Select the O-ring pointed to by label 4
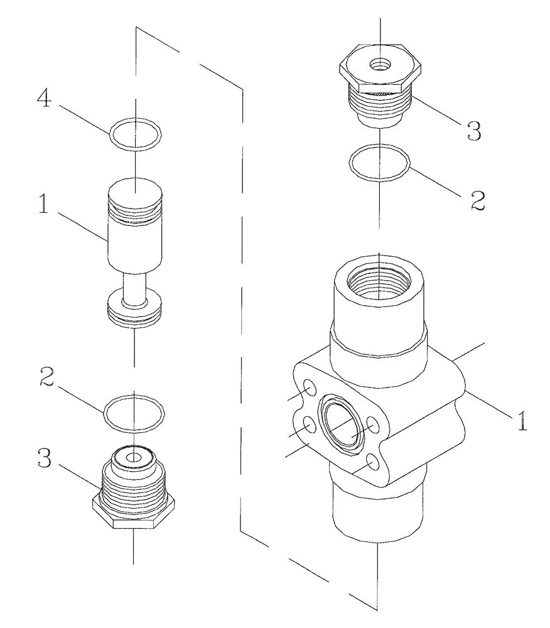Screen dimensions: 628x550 (x=135, y=134)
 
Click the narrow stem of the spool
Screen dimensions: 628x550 (x=134, y=289)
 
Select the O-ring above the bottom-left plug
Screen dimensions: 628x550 (x=134, y=414)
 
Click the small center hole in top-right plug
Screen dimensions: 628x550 (x=380, y=63)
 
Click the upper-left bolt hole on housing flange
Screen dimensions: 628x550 (x=310, y=391)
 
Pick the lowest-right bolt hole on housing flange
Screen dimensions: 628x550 (x=373, y=463)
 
